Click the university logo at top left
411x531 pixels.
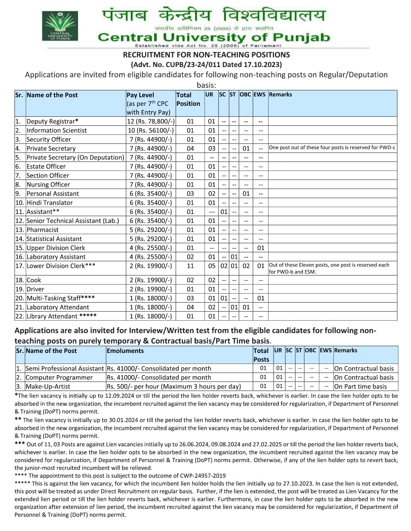point(60,26)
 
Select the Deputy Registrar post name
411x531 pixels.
point(52,121)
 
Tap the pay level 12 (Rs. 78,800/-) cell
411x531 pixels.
point(151,121)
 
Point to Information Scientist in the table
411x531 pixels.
point(57,130)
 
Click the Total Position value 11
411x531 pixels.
point(190,266)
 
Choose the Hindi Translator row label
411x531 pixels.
point(49,203)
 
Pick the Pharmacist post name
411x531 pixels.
point(42,230)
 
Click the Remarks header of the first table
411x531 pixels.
point(280,95)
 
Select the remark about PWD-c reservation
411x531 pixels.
point(332,148)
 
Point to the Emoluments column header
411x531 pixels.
point(125,351)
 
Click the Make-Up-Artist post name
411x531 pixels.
point(48,386)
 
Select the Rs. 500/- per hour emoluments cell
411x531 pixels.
point(174,386)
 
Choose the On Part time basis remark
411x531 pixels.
point(360,386)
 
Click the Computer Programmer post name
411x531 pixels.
point(59,377)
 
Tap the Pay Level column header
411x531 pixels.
point(140,95)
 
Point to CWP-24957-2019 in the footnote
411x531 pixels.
point(202,476)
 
